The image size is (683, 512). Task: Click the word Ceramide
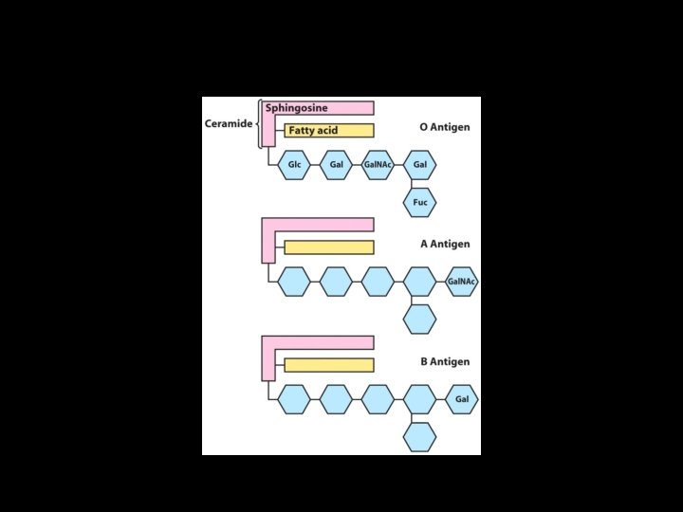coord(228,124)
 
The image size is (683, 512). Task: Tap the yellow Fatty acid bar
coord(328,131)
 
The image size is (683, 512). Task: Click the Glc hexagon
coord(294,165)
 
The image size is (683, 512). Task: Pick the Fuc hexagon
coord(420,202)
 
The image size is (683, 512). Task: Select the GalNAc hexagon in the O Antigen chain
coord(378,165)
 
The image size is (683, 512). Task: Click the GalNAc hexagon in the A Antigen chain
coord(461,282)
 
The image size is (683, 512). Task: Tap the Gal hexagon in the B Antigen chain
coord(462,399)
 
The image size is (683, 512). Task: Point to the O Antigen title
coord(445,127)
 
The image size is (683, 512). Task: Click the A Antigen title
coord(445,244)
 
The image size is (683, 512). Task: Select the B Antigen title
coord(445,361)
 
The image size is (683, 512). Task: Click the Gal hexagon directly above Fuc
coord(420,165)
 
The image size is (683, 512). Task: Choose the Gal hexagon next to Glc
coord(336,165)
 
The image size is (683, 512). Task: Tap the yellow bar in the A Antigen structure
coord(328,247)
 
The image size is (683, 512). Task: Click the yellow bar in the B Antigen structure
coord(328,365)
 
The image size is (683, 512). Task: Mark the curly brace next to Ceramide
coord(259,124)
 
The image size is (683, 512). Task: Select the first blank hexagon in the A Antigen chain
coord(294,282)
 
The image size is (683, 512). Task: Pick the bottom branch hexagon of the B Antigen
coord(420,437)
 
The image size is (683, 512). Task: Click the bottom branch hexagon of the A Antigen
coord(420,320)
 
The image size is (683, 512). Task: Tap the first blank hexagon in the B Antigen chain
coord(294,399)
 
